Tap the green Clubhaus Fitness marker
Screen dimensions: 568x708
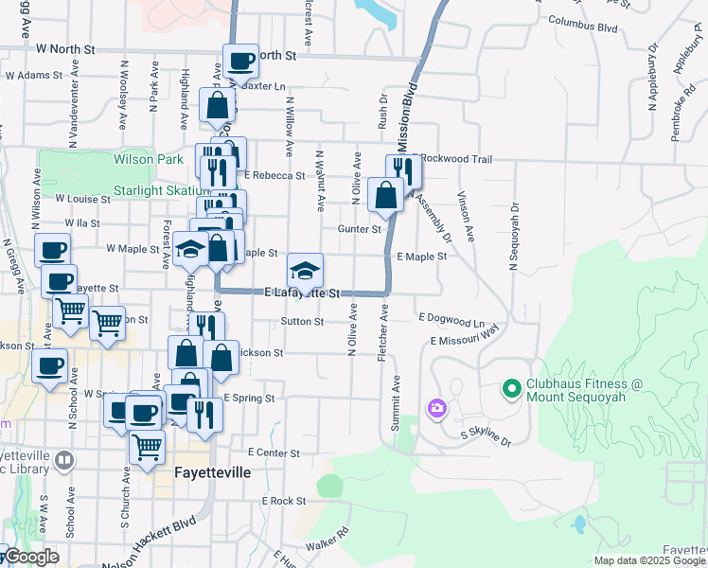pos(511,388)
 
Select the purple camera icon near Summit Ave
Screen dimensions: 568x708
pos(436,408)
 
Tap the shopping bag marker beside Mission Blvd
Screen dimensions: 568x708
pos(385,196)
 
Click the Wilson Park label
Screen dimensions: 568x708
pos(148,160)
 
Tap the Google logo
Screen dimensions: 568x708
pos(30,558)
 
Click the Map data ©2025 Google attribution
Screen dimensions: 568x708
pos(650,559)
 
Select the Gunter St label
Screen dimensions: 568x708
pos(360,228)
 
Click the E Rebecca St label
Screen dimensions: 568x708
pos(274,175)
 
